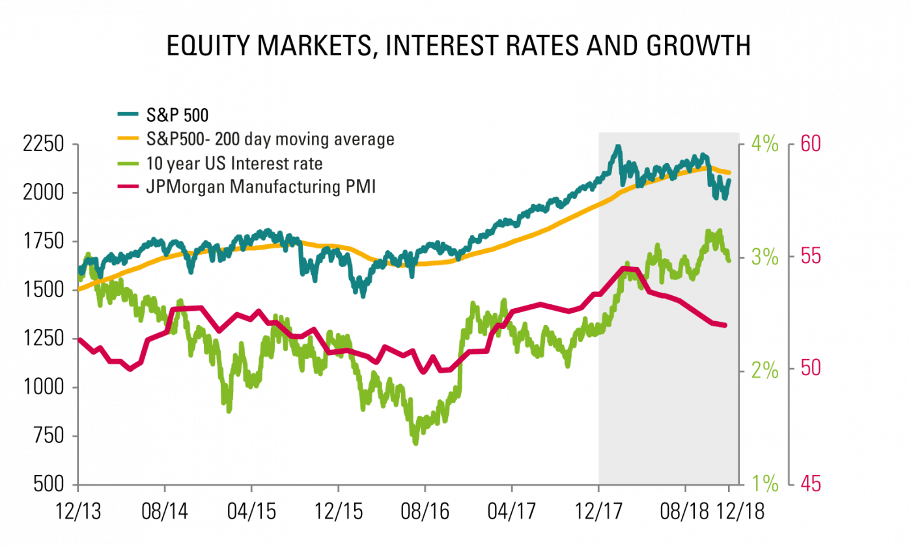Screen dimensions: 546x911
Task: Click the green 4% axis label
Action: click(x=765, y=143)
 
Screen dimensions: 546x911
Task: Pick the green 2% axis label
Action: click(x=765, y=370)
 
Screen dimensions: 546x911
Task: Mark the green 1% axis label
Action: click(x=765, y=484)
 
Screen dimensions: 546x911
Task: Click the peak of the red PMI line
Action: click(x=627, y=268)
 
